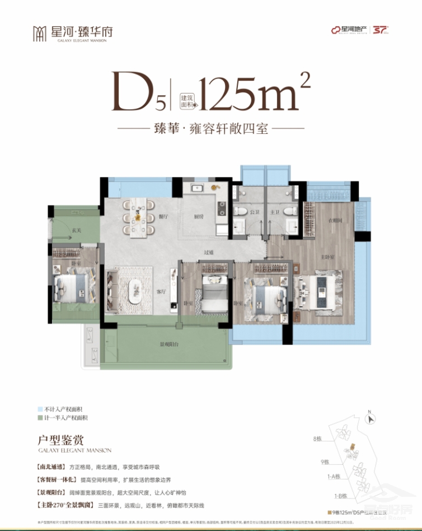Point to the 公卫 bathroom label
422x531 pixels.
pyautogui.click(x=255, y=212)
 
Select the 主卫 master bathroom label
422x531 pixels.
pyautogui.click(x=274, y=212)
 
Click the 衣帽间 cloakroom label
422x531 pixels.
pyautogui.click(x=335, y=221)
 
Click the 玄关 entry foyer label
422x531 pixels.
pyautogui.click(x=76, y=231)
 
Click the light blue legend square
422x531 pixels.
pyautogui.click(x=40, y=409)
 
